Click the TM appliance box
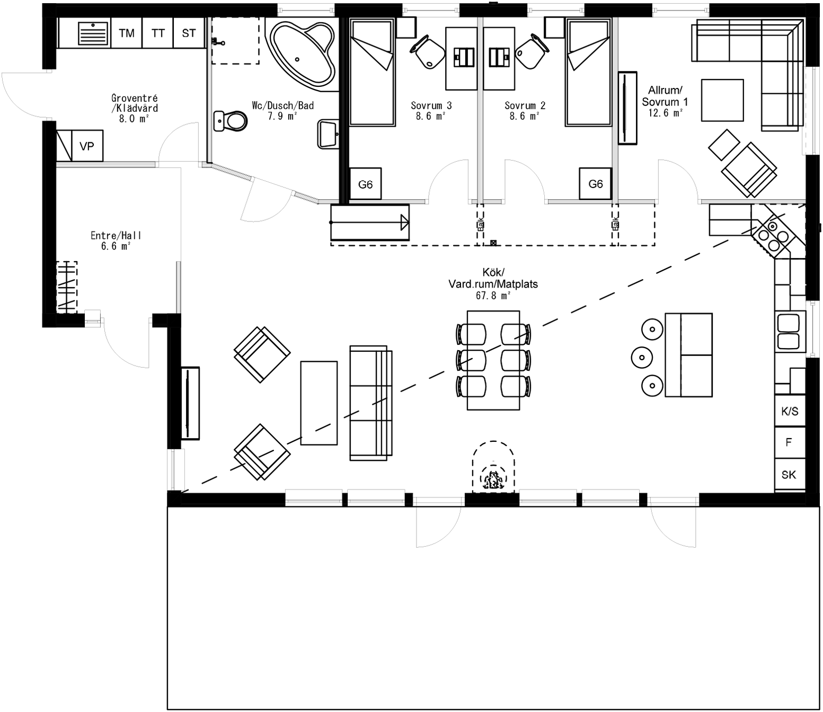[x=127, y=33]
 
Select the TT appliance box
[x=158, y=33]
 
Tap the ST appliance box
[x=189, y=33]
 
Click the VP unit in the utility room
[x=87, y=146]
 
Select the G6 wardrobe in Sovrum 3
[x=365, y=184]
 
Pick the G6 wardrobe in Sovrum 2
[x=596, y=184]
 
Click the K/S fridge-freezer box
[x=790, y=411]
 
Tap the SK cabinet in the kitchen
[x=789, y=475]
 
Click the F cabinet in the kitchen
[x=789, y=442]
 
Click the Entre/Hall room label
[x=116, y=236]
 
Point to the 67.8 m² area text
[x=493, y=296]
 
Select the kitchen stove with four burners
[x=772, y=235]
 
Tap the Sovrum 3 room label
[x=431, y=105]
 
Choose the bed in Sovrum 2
[x=588, y=72]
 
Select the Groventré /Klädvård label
[x=135, y=103]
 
